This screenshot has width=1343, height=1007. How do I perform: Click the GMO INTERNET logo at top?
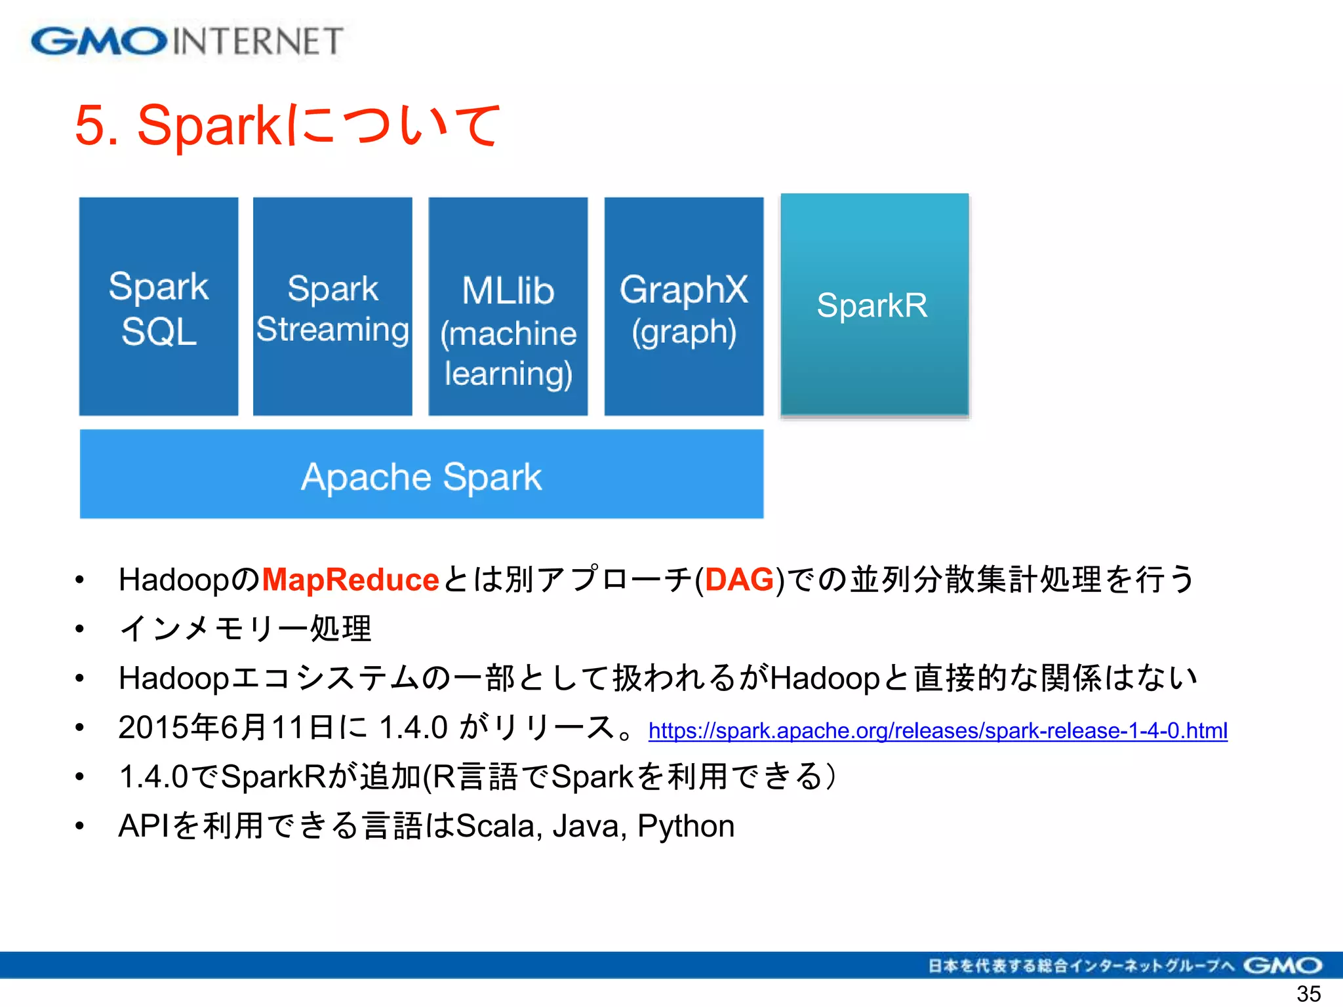pyautogui.click(x=187, y=41)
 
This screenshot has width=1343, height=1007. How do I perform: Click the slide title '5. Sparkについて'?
pyautogui.click(x=287, y=125)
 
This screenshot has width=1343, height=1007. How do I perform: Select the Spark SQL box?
pyautogui.click(x=159, y=306)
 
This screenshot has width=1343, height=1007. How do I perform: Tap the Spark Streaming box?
pyautogui.click(x=332, y=306)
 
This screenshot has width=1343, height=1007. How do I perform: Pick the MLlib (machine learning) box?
pyautogui.click(x=508, y=306)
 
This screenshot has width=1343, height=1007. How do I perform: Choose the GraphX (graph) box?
pyautogui.click(x=684, y=306)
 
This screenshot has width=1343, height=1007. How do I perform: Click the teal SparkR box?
pyautogui.click(x=874, y=305)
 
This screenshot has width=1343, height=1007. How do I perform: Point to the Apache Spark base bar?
pyautogui.click(x=422, y=475)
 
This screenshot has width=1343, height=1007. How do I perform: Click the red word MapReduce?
pyautogui.click(x=350, y=580)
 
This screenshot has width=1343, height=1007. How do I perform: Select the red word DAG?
pyautogui.click(x=740, y=580)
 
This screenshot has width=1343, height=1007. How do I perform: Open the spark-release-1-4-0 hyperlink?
pyautogui.click(x=938, y=730)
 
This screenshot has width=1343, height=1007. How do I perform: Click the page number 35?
pyautogui.click(x=1308, y=993)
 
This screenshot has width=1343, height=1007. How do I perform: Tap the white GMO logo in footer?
pyautogui.click(x=1282, y=965)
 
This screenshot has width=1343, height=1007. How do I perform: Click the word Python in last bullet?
pyautogui.click(x=686, y=826)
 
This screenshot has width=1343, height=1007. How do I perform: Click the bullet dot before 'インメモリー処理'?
pyautogui.click(x=79, y=629)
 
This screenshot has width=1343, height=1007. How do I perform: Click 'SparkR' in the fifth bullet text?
pyautogui.click(x=273, y=777)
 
